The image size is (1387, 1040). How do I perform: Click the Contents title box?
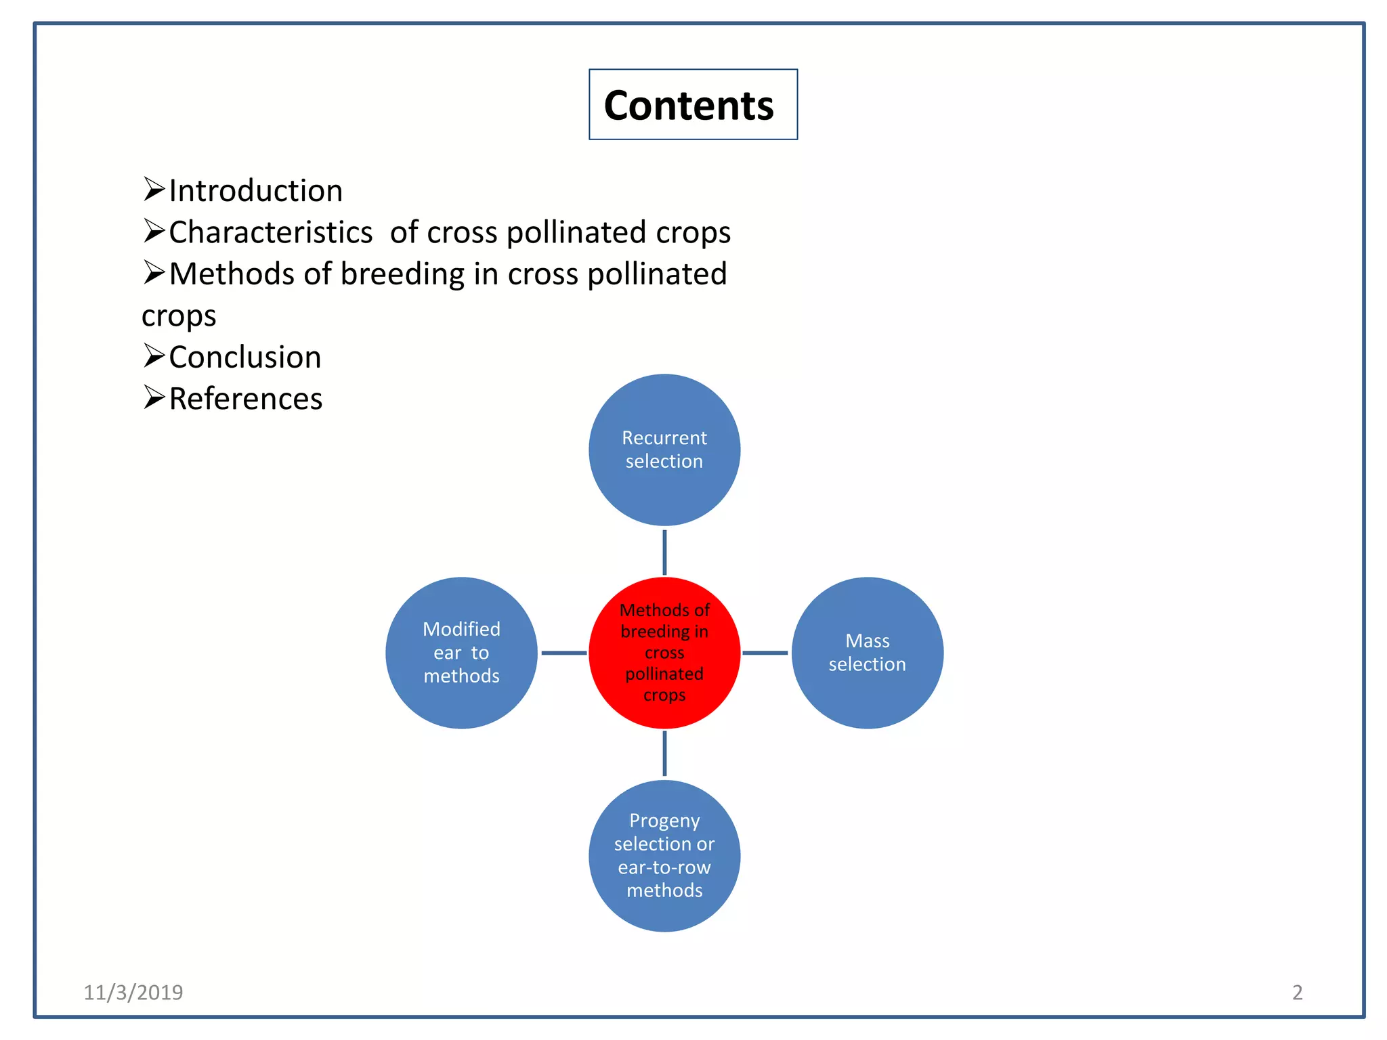click(692, 105)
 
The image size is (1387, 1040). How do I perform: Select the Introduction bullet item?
click(255, 191)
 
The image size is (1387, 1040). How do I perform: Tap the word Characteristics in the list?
click(270, 232)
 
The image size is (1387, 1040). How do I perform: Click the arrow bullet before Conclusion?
click(154, 355)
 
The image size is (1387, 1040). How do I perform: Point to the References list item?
click(245, 399)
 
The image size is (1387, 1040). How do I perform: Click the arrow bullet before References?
click(154, 397)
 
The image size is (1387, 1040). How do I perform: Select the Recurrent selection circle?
click(664, 450)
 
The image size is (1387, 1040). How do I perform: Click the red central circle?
click(664, 653)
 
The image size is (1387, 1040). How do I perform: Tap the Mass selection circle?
click(867, 653)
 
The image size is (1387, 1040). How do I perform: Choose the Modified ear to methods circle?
click(461, 653)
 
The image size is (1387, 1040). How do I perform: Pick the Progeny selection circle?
click(664, 855)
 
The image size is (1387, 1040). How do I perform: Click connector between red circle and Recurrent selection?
click(664, 552)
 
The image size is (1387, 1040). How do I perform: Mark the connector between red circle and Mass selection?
click(765, 653)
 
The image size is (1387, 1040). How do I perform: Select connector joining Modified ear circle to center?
click(563, 653)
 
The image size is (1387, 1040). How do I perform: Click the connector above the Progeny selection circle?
click(664, 754)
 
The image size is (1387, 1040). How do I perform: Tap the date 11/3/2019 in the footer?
click(133, 992)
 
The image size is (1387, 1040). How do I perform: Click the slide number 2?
click(1297, 992)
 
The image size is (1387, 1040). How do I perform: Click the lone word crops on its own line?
click(179, 316)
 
